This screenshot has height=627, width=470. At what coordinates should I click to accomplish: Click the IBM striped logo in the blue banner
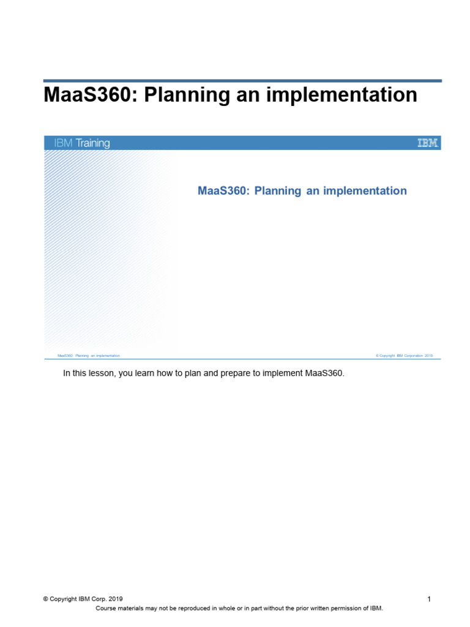tap(428, 143)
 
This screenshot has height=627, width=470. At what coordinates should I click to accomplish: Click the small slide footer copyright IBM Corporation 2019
tap(405, 355)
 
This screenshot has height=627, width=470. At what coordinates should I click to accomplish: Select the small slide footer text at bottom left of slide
tap(88, 355)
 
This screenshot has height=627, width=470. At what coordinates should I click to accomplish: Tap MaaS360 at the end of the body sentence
tap(324, 374)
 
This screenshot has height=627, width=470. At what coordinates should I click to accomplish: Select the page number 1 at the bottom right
tap(429, 599)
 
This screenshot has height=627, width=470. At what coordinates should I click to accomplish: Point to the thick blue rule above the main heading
tap(242, 80)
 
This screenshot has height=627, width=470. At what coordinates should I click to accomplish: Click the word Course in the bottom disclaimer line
tap(106, 608)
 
